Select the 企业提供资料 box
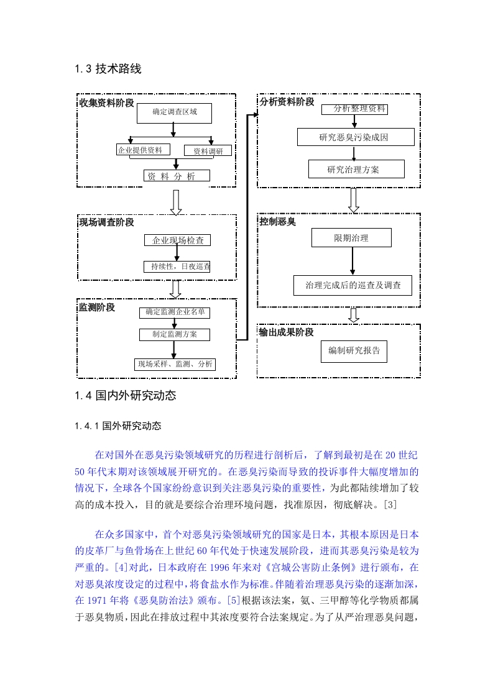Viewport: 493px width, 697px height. coord(143,150)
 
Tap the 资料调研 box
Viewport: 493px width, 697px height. coord(208,151)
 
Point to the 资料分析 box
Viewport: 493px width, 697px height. coord(177,176)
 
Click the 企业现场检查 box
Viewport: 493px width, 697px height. coord(178,240)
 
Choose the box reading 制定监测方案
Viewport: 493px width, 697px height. coord(175,334)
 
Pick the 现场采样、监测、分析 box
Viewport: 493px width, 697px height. coord(175,364)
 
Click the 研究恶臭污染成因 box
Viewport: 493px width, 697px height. coord(356,137)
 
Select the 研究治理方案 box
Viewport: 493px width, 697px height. coord(356,169)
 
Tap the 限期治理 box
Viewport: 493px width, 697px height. coord(351,238)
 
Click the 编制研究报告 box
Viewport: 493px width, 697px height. coord(354,351)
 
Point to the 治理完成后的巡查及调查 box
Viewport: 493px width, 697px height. coord(352,285)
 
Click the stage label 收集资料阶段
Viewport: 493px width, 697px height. coord(107,102)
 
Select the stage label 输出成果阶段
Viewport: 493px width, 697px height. coord(287,332)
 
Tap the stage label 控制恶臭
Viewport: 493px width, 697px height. coord(278,221)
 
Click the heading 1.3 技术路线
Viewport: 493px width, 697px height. coord(108,68)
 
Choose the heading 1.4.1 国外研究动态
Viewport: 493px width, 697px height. coord(118,426)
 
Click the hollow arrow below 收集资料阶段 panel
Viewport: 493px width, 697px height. coord(176,203)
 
